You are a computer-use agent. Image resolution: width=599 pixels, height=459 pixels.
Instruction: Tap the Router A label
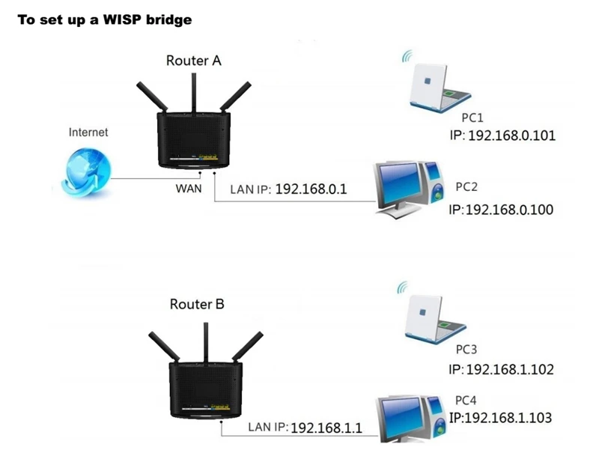194,61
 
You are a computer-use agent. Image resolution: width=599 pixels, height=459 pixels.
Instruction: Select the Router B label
197,304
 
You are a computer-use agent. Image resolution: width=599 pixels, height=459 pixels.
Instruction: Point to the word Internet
88,133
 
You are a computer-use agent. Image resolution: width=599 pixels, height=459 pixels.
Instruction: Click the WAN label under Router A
189,189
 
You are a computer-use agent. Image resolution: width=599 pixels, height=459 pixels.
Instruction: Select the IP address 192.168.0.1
311,189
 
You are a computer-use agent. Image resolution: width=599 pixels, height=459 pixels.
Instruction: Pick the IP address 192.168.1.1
326,428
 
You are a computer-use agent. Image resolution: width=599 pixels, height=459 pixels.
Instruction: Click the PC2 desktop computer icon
409,189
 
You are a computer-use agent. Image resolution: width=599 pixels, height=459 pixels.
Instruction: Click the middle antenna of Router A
194,93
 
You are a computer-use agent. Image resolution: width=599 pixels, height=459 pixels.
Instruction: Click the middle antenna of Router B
206,343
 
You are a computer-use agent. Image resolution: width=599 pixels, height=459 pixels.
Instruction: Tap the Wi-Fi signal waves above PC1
407,55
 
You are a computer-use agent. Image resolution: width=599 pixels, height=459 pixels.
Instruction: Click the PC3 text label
466,350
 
